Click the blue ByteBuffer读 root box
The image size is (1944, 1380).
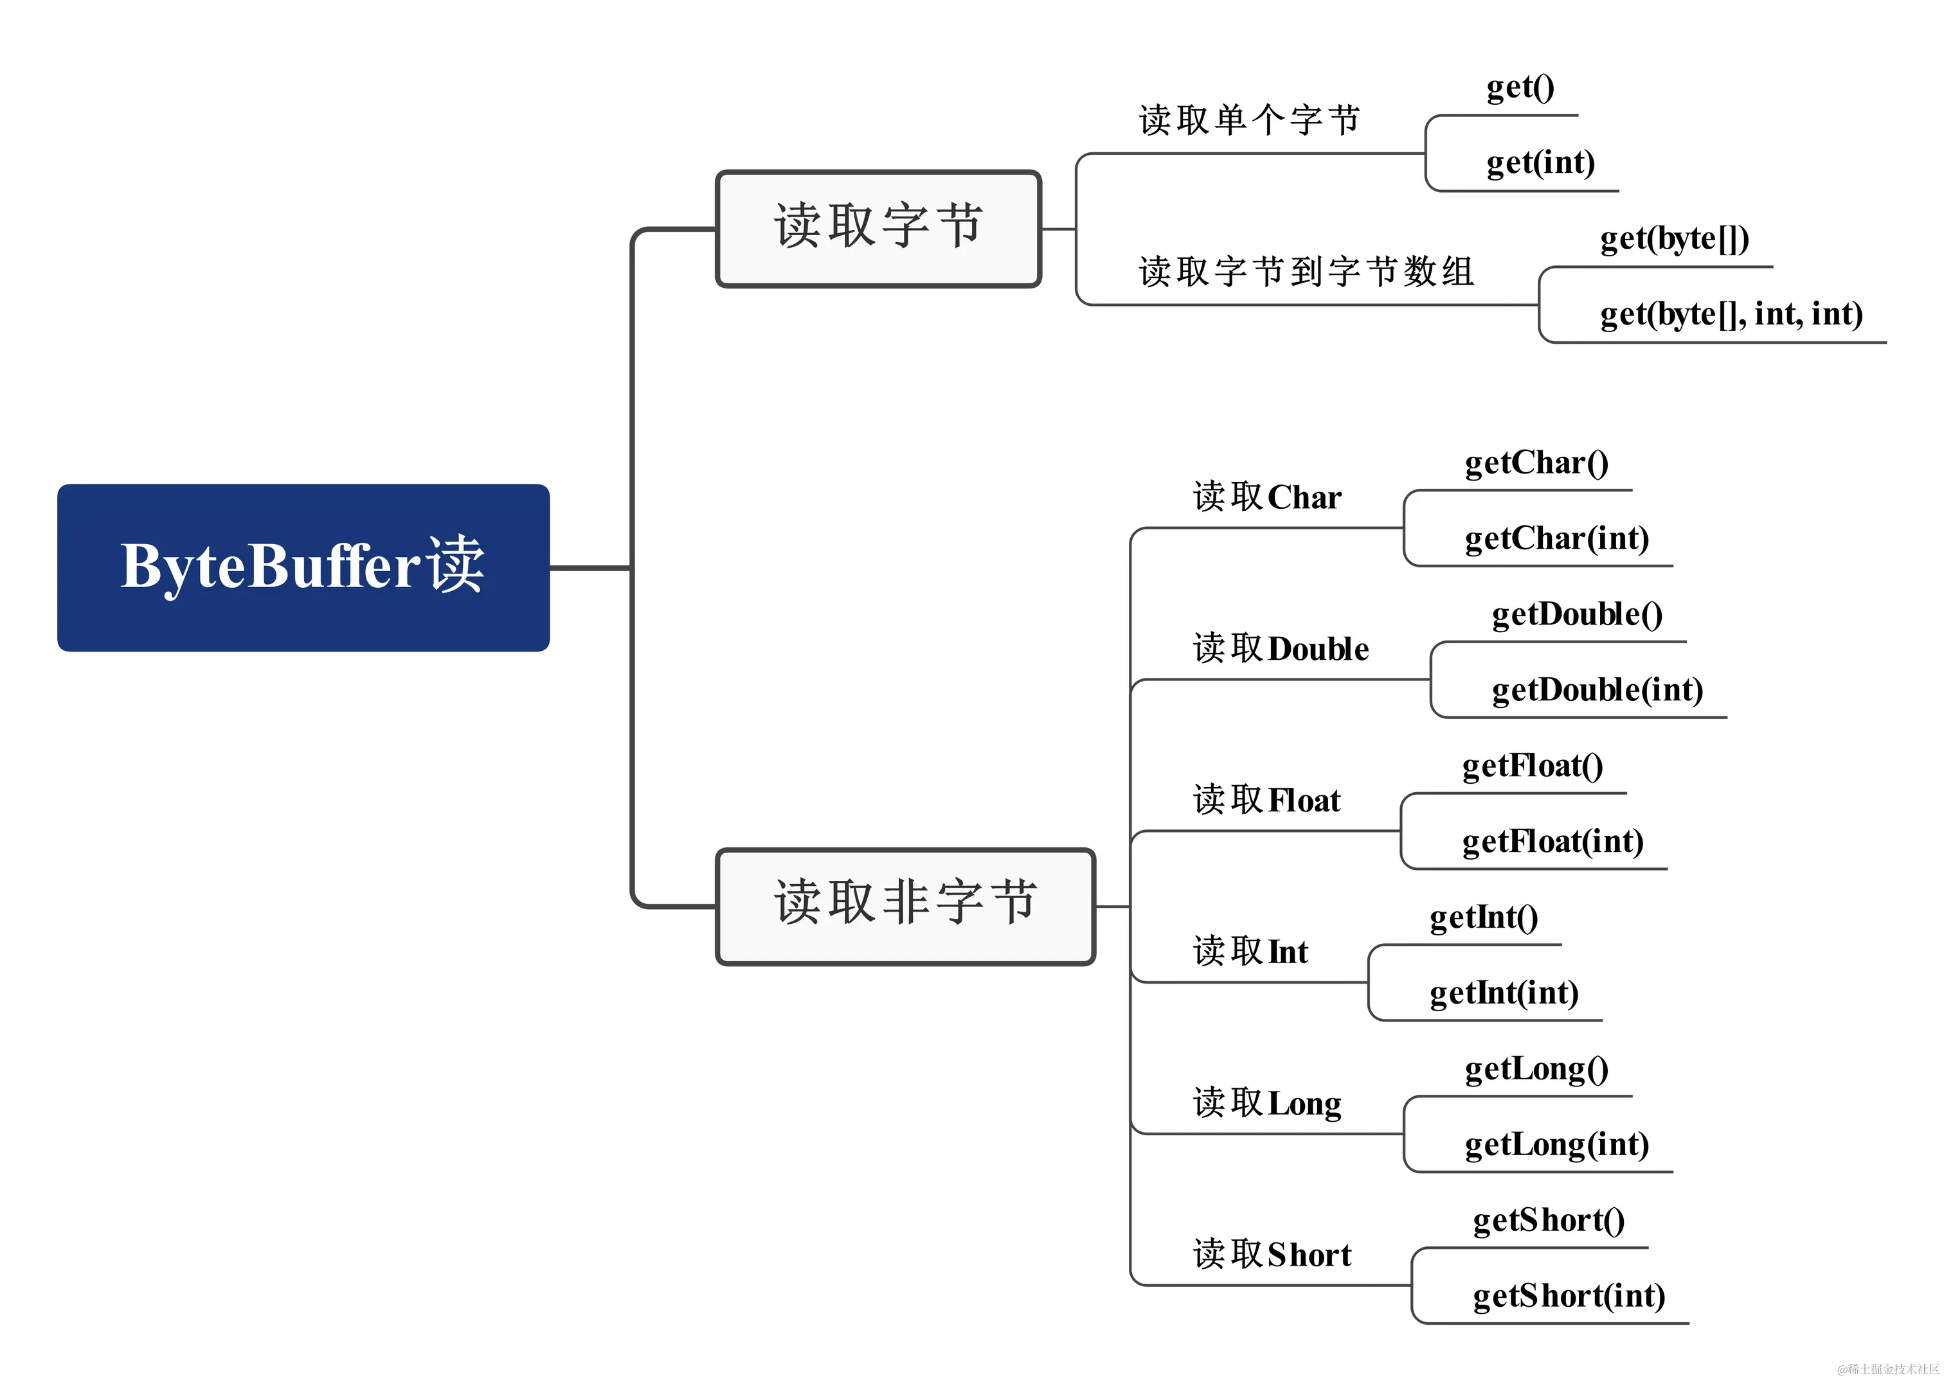(303, 568)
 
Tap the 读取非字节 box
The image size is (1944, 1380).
(905, 905)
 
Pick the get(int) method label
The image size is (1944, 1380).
(1540, 163)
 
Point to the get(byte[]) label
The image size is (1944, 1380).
(1674, 239)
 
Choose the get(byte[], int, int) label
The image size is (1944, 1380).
(1731, 314)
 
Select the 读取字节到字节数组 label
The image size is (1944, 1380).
(1306, 272)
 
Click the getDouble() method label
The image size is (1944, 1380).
(1577, 614)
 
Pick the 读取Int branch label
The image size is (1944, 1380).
(1250, 951)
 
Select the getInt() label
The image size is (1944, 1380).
(1483, 917)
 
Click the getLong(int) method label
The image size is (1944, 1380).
(1556, 1145)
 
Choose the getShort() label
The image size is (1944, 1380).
(1548, 1221)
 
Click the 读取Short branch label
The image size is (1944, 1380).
(1272, 1254)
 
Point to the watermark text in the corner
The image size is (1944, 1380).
(1887, 1369)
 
